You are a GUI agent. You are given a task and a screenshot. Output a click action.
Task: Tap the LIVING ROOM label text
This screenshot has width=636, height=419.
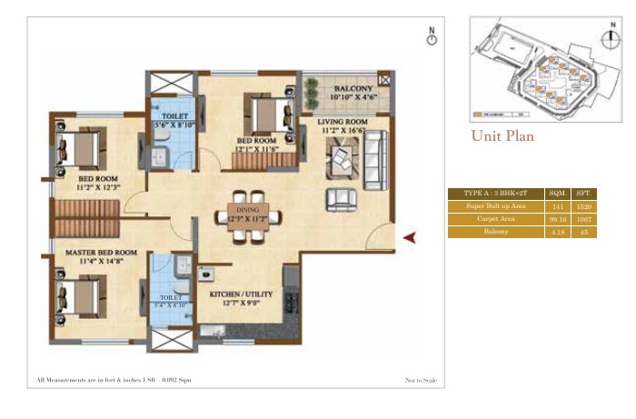[x=342, y=120]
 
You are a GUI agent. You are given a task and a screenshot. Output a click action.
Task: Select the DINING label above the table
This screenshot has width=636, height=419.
[x=248, y=207]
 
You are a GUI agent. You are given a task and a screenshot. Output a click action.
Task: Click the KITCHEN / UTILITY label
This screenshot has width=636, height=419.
[x=237, y=295]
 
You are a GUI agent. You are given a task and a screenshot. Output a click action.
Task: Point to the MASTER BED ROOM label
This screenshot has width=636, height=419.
[x=101, y=252]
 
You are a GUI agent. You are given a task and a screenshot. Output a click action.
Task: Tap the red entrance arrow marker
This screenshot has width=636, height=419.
[x=409, y=237]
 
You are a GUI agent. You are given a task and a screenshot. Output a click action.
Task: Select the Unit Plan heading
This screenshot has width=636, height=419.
[x=502, y=136]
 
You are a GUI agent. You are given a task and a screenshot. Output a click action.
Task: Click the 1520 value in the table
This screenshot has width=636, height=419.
[x=584, y=206]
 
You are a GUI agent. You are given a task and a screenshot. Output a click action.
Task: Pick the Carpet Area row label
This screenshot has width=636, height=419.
[x=495, y=219]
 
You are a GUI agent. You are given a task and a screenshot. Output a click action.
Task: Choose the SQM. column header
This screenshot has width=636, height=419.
[x=557, y=194]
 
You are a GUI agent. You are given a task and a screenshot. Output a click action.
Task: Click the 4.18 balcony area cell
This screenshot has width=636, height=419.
[x=557, y=233]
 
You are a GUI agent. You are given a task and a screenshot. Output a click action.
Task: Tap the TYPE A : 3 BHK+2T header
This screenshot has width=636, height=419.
[x=495, y=194]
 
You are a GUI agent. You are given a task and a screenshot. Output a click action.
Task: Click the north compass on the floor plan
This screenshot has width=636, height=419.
[x=432, y=36]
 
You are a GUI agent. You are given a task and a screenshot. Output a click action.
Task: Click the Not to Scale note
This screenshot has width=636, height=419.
[x=421, y=379]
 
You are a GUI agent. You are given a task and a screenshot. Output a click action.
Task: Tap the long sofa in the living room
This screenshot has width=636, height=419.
[x=374, y=160]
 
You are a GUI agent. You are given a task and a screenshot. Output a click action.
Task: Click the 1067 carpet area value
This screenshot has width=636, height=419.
[x=584, y=219]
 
